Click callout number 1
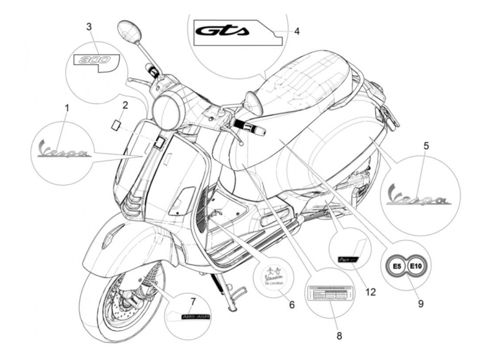coord(67,108)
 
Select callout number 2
coord(125,105)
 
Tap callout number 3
coord(89,27)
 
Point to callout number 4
coord(297,31)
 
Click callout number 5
coord(426,146)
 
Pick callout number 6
coord(292,305)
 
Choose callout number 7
coord(193,301)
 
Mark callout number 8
coord(339,335)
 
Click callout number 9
coord(420,303)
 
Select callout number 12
coord(370,292)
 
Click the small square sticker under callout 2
coord(115,124)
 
